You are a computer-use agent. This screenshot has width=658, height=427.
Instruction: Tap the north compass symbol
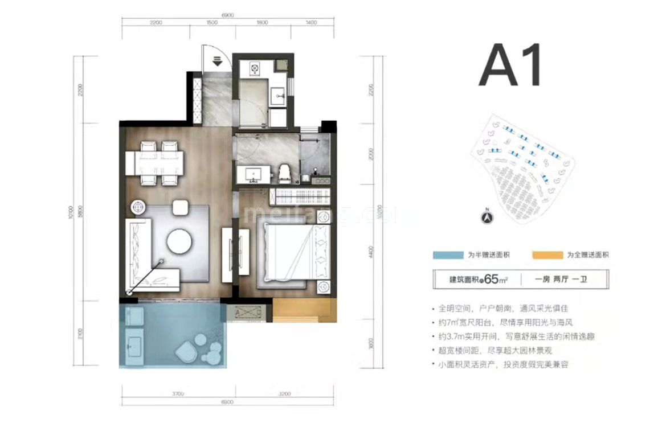click(x=487, y=216)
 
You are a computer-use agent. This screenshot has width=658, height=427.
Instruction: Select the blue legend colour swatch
click(x=448, y=254)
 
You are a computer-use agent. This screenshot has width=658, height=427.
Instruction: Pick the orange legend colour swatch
click(x=547, y=254)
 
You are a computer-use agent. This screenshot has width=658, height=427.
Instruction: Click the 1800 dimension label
click(x=262, y=22)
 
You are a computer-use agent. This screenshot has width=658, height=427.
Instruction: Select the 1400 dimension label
click(x=310, y=22)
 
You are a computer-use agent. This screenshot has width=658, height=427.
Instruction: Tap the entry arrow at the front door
click(x=217, y=61)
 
